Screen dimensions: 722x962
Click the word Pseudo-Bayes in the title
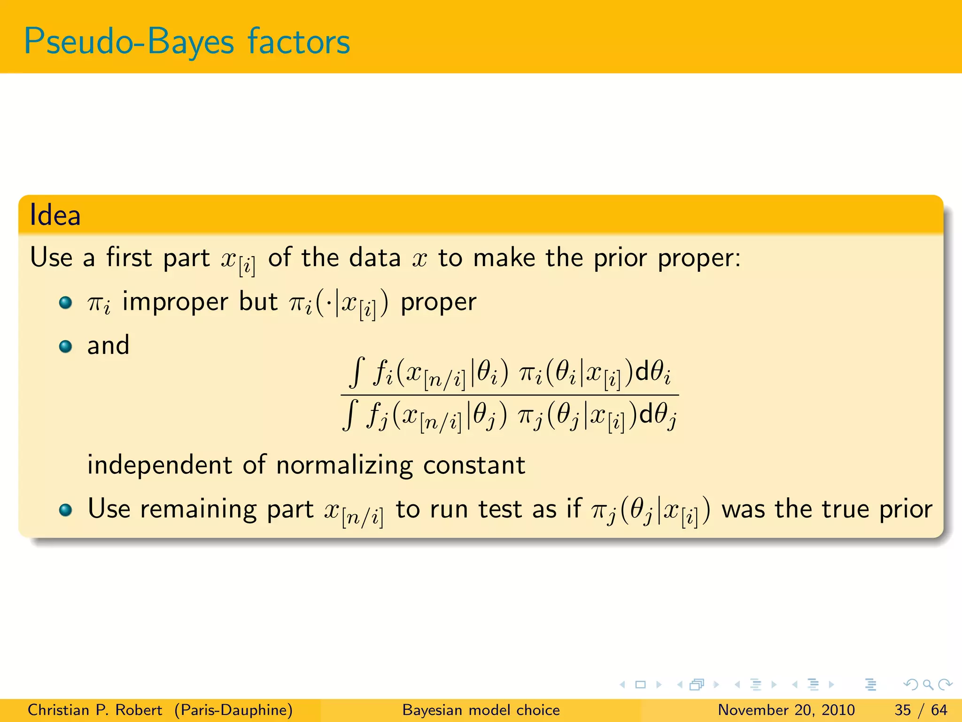[128, 42]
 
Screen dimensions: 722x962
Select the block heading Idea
[55, 215]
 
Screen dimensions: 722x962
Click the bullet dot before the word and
[65, 347]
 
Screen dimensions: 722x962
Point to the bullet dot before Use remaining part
[65, 510]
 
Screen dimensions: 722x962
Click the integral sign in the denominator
[350, 415]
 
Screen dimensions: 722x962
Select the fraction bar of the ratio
[510, 395]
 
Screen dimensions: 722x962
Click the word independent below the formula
[160, 465]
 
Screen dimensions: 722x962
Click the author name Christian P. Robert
[94, 710]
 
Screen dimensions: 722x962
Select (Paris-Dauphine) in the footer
[233, 710]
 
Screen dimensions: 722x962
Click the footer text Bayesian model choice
[481, 710]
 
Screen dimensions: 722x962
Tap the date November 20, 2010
[786, 710]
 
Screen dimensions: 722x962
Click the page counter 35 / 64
[921, 710]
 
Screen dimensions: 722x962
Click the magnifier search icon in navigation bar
[928, 684]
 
